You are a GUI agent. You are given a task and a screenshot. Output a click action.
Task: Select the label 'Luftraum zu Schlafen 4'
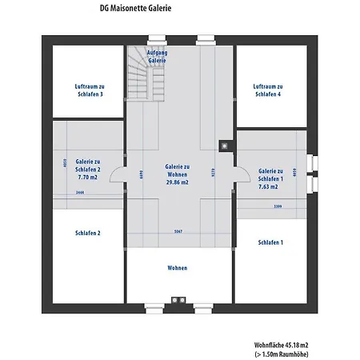pyautogui.click(x=267, y=90)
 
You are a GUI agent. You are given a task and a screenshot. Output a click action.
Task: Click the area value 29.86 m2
pyautogui.click(x=177, y=182)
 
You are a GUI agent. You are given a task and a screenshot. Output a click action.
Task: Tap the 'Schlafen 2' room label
pyautogui.click(x=87, y=233)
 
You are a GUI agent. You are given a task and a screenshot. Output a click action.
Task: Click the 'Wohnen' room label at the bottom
pyautogui.click(x=178, y=267)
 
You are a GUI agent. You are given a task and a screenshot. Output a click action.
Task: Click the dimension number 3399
pyautogui.click(x=278, y=206)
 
